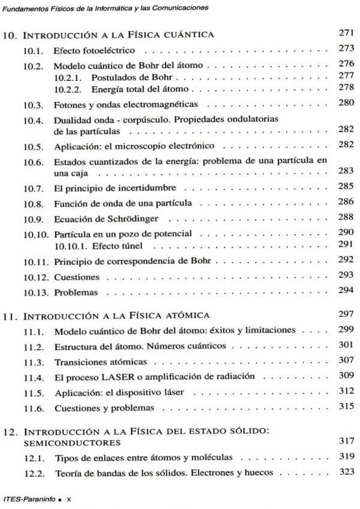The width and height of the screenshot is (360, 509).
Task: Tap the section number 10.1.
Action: click(34, 50)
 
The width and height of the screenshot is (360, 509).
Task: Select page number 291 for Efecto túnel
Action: click(347, 246)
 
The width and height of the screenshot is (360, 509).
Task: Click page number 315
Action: click(347, 408)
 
